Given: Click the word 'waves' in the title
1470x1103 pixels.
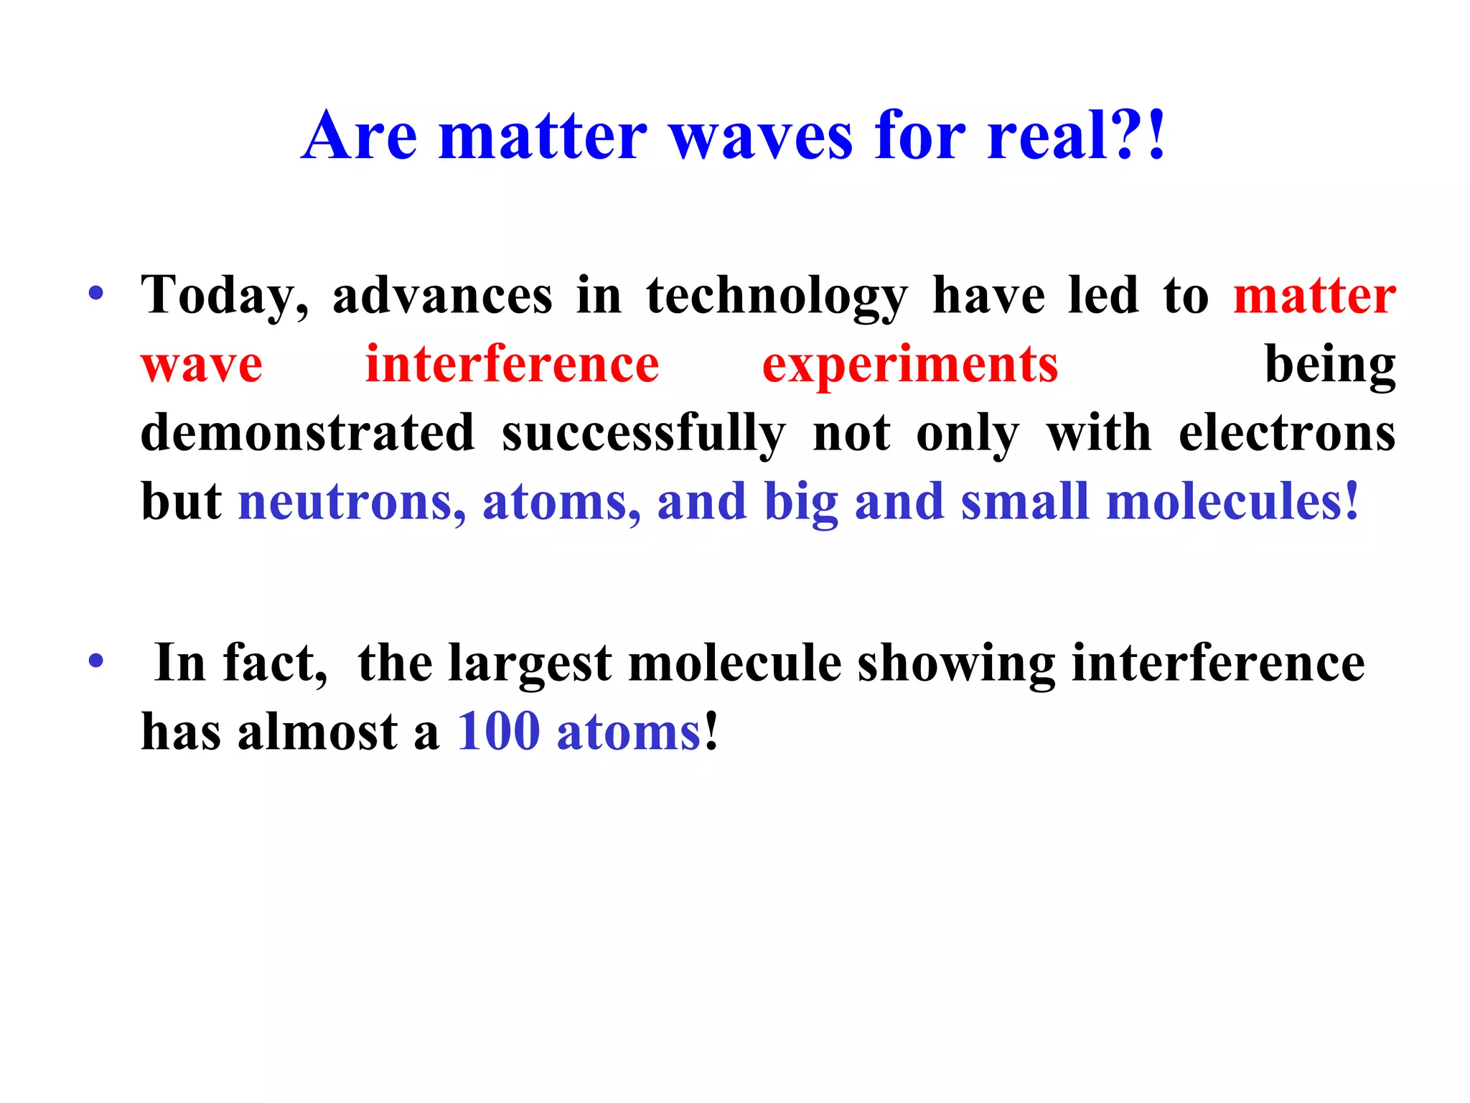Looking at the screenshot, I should [x=761, y=136].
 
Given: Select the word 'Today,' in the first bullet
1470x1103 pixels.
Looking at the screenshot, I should [x=225, y=296].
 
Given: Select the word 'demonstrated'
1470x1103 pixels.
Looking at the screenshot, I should [x=307, y=434].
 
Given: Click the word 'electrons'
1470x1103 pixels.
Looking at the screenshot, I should [x=1287, y=434].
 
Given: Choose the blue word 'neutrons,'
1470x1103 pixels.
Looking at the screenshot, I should [x=352, y=503].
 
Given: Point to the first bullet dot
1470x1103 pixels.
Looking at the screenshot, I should [x=96, y=293].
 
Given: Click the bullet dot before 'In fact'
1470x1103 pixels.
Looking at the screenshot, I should [x=96, y=661].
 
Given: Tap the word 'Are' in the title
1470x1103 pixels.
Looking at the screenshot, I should [x=360, y=136].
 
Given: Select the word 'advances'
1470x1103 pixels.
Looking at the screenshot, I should [x=442, y=296].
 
